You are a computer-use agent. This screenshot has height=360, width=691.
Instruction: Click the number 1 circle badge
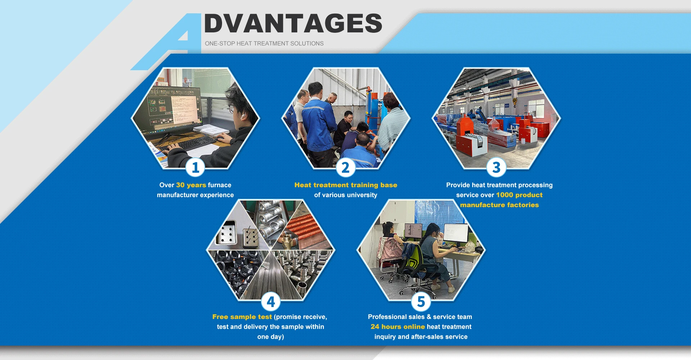(195, 167)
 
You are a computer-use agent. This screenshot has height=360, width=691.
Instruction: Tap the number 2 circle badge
(345, 167)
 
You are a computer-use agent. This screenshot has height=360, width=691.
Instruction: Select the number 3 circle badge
(496, 167)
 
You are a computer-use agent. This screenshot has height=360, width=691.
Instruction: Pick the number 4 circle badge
(271, 302)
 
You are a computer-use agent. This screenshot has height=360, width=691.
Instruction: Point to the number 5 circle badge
(421, 302)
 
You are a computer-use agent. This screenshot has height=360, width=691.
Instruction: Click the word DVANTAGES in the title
(293, 23)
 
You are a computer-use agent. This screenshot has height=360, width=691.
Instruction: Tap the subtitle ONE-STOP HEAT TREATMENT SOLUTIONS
(264, 44)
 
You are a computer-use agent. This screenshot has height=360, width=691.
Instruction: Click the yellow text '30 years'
(191, 185)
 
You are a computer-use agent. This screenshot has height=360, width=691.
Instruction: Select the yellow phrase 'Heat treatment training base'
(346, 185)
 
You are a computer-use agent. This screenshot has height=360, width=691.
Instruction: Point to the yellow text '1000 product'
(519, 195)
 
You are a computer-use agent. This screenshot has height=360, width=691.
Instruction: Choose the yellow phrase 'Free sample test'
(242, 317)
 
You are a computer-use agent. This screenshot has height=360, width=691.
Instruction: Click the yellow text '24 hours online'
(398, 327)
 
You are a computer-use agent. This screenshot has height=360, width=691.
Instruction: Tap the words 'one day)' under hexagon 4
(271, 337)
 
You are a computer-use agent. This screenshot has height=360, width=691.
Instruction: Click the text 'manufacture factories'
(500, 205)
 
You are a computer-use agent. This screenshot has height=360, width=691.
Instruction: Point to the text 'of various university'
(346, 195)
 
